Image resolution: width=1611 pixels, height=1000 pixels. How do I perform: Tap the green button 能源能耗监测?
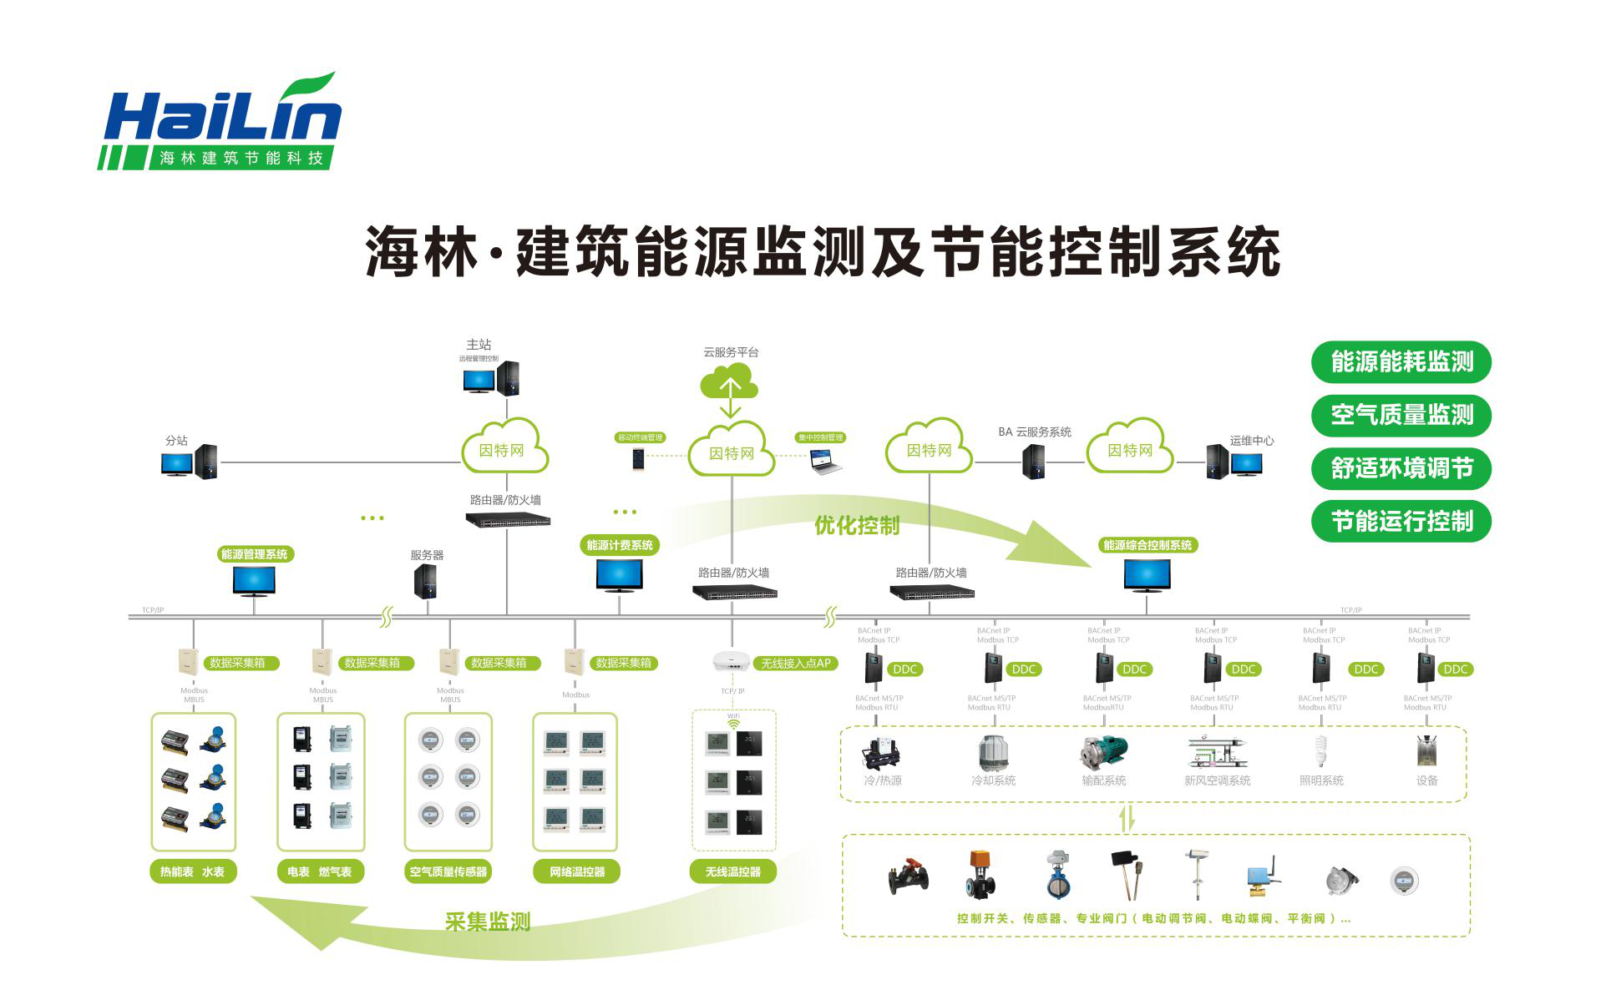pyautogui.click(x=1401, y=362)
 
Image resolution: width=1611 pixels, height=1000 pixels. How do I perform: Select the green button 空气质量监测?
pyautogui.click(x=1401, y=415)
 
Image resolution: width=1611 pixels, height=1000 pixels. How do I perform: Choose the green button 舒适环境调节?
pyautogui.click(x=1401, y=468)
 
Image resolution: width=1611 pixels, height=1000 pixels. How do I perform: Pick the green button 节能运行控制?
pyautogui.click(x=1401, y=522)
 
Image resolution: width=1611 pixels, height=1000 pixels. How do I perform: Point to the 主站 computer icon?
pyautogui.click(x=491, y=378)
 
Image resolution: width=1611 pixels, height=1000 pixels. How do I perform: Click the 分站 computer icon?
pyautogui.click(x=190, y=462)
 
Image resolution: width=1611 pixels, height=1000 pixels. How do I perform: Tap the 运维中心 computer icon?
pyautogui.click(x=1234, y=462)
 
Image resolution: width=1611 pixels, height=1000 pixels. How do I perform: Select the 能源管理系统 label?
pyautogui.click(x=254, y=554)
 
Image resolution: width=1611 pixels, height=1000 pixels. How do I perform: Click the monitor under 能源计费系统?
pyautogui.click(x=619, y=575)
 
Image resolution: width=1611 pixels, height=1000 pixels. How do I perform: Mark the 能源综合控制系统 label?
pyautogui.click(x=1147, y=545)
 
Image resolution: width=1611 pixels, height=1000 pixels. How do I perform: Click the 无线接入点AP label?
pyautogui.click(x=795, y=664)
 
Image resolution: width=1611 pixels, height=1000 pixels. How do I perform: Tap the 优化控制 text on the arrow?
pyautogui.click(x=857, y=525)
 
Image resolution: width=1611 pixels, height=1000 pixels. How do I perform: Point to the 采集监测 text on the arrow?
pyautogui.click(x=488, y=922)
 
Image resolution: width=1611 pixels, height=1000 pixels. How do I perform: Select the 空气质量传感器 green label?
pyautogui.click(x=448, y=872)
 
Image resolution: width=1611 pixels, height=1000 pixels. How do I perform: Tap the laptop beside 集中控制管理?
pyautogui.click(x=825, y=462)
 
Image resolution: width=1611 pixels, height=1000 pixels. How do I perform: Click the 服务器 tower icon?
pyautogui.click(x=425, y=581)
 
